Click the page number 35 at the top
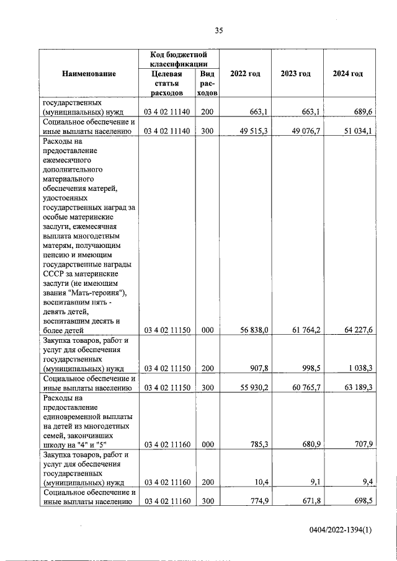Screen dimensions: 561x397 pos(218,30)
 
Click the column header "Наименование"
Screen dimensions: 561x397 pos(89,74)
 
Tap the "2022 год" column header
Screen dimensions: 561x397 pos(245,74)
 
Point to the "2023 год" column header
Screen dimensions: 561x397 pos(296,74)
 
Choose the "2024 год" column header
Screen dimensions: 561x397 pos(347,74)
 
